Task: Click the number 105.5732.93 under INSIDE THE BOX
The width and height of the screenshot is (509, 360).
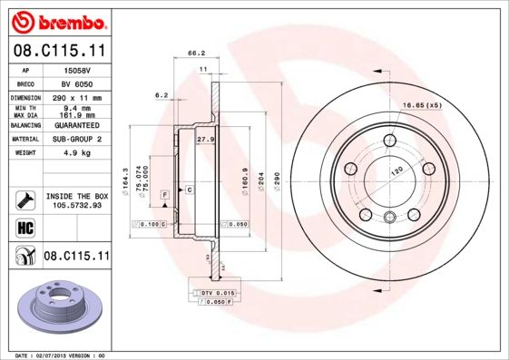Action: pyautogui.click(x=75, y=205)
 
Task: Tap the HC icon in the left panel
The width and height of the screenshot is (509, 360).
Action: pyautogui.click(x=24, y=227)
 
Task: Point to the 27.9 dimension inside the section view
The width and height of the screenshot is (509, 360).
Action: pyautogui.click(x=205, y=140)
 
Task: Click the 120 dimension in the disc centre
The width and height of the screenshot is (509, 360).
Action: pyautogui.click(x=395, y=170)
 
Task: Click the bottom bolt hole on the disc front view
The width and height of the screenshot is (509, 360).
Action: pyautogui.click(x=389, y=217)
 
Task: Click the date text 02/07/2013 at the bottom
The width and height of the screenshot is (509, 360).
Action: pyautogui.click(x=58, y=355)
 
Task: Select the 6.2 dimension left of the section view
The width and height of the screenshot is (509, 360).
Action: pyautogui.click(x=162, y=95)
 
